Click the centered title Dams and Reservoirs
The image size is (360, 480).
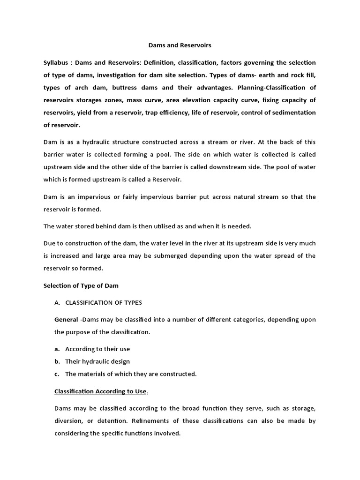point(180,45)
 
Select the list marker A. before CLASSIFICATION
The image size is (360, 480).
point(58,302)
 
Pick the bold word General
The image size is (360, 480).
point(66,320)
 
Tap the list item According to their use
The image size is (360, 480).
point(97,349)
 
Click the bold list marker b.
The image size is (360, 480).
point(57,361)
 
